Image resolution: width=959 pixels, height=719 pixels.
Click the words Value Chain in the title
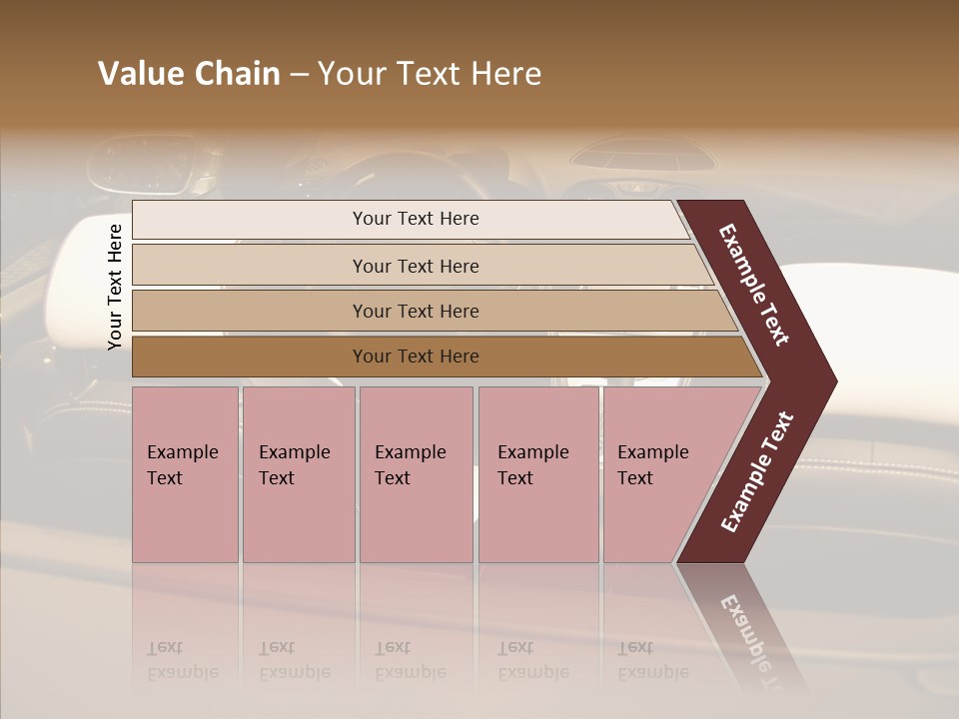(x=189, y=74)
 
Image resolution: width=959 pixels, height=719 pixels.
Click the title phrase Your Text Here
(x=430, y=74)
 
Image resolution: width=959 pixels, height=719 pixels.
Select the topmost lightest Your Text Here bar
(x=415, y=219)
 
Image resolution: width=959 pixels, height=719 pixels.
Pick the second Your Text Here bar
(x=415, y=266)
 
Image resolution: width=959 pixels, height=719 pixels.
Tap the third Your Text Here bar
(x=415, y=311)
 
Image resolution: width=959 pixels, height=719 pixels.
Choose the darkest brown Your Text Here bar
(x=415, y=357)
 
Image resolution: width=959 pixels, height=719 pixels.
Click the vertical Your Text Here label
(x=115, y=287)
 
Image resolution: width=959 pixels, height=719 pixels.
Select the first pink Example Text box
(x=185, y=473)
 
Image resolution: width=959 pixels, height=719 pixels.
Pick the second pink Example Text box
(x=298, y=473)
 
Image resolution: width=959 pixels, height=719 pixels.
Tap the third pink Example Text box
(x=415, y=473)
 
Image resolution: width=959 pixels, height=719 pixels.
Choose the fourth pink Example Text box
(x=537, y=473)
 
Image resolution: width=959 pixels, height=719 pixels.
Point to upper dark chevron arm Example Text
(x=754, y=285)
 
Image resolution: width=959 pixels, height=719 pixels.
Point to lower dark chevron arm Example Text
(x=756, y=472)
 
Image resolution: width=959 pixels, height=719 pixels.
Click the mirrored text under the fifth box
(x=652, y=660)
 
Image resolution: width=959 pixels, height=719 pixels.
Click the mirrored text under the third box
(x=410, y=660)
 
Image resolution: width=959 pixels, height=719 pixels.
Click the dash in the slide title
(x=299, y=75)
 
